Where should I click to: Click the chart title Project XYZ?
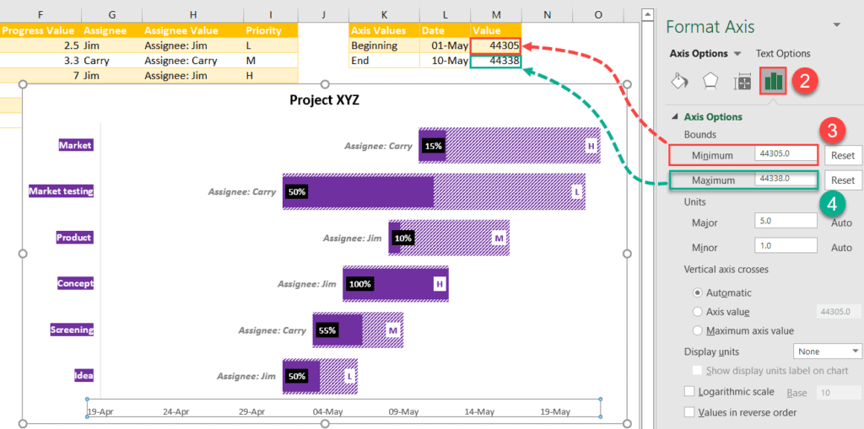tap(325, 99)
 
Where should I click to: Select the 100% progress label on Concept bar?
tap(359, 284)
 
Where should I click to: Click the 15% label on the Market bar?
tap(433, 146)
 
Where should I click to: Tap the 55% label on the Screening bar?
tap(327, 330)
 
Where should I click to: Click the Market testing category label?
tap(61, 191)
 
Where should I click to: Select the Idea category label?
tap(84, 376)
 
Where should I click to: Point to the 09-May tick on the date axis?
tap(403, 412)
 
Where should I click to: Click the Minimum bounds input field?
tap(786, 154)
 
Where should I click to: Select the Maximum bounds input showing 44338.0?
tap(786, 180)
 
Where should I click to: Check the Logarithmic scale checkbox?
tap(690, 392)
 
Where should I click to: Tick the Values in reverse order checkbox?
tap(690, 412)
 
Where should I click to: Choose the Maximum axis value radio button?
tap(697, 331)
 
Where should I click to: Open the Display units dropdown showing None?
tap(827, 351)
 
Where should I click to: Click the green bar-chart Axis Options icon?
tap(774, 81)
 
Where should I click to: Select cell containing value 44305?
tap(496, 46)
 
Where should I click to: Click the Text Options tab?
tap(783, 53)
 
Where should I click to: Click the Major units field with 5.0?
tap(786, 221)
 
